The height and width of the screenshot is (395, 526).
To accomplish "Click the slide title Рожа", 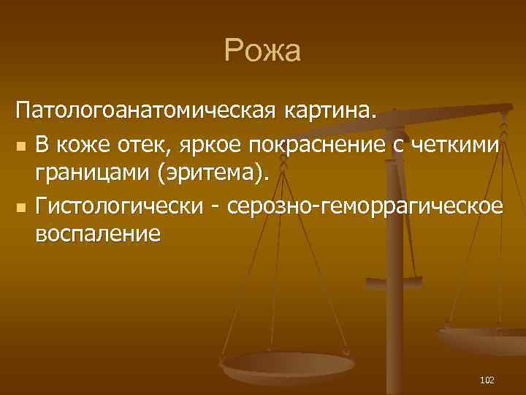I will point(262,52).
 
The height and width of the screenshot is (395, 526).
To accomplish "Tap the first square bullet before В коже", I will point(22,146).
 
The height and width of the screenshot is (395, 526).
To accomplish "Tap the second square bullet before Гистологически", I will point(22,208).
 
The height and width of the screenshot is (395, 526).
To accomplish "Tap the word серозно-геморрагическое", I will point(365,207).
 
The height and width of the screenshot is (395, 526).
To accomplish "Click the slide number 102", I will point(487,380).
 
